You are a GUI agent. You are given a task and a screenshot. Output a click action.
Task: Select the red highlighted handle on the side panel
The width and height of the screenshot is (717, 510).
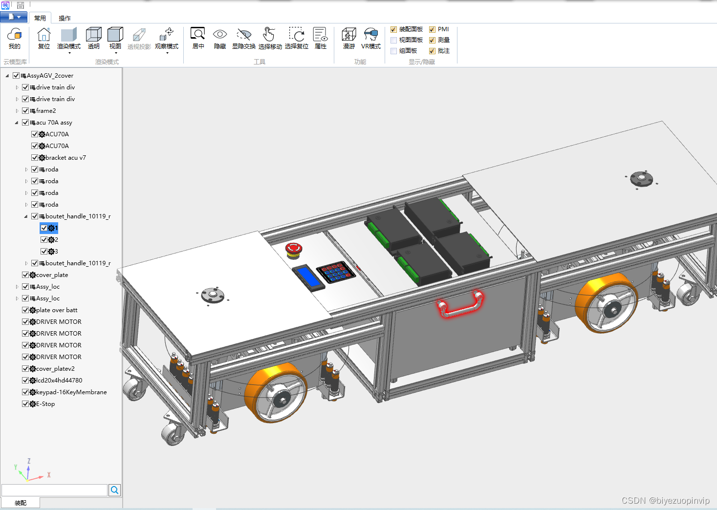(x=461, y=304)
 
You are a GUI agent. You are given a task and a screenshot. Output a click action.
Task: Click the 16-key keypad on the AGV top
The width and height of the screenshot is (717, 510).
(x=336, y=272)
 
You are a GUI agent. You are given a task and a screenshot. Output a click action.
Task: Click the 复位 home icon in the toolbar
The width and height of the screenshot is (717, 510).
(x=44, y=34)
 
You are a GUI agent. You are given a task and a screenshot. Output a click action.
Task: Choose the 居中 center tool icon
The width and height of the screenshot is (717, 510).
(x=198, y=34)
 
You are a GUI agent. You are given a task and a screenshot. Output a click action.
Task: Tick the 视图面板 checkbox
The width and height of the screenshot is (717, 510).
(x=394, y=41)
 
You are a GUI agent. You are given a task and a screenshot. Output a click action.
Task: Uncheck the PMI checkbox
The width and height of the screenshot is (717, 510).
(x=432, y=29)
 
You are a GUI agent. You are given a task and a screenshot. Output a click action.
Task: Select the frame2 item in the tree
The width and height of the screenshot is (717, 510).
(x=46, y=111)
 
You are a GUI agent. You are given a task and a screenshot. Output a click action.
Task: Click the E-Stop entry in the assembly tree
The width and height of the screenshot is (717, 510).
(x=45, y=404)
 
